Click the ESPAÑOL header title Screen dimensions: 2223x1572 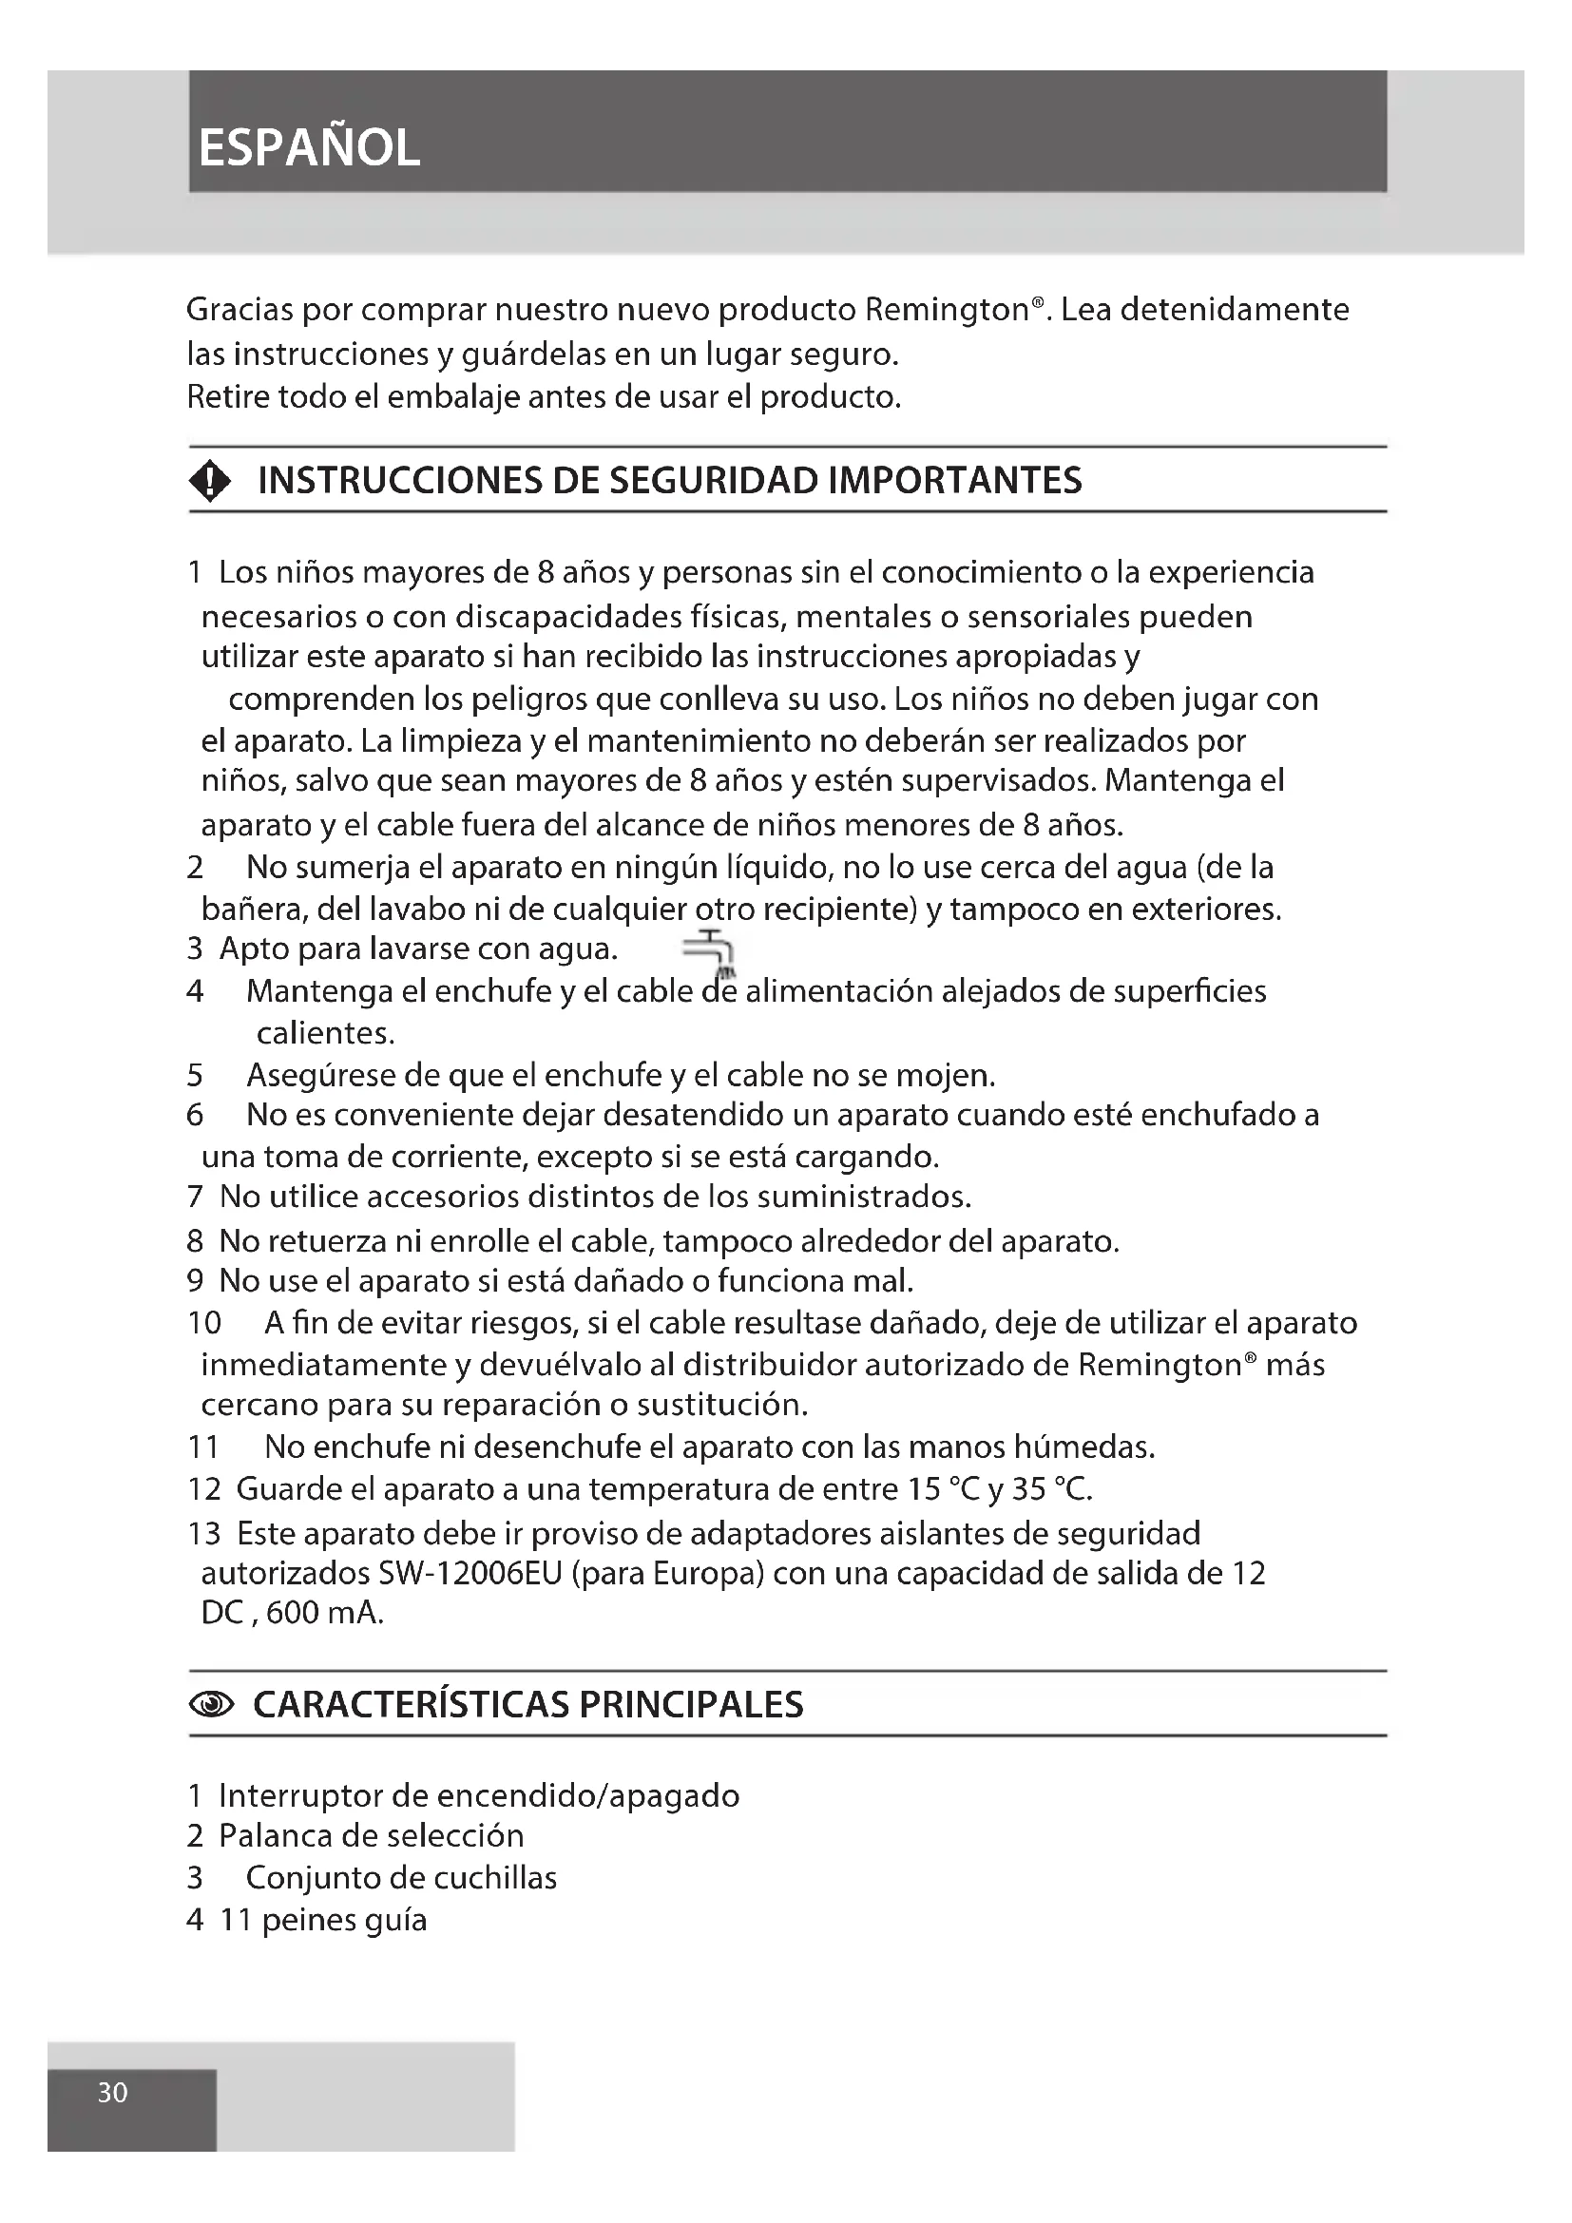coord(309,148)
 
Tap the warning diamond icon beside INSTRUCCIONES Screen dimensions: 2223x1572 coord(210,480)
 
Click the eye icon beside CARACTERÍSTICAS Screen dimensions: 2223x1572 coord(212,1705)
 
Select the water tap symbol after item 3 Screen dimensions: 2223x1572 coord(712,952)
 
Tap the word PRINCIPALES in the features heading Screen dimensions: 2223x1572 coord(691,1705)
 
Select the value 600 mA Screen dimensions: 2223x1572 coord(324,1614)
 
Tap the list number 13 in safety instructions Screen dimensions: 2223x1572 coord(204,1534)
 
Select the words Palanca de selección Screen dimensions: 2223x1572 coord(371,1836)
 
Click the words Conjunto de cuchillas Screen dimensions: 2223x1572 coord(401,1877)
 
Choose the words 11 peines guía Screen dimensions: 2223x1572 coord(323,1920)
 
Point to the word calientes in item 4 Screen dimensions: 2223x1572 coord(325,1033)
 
